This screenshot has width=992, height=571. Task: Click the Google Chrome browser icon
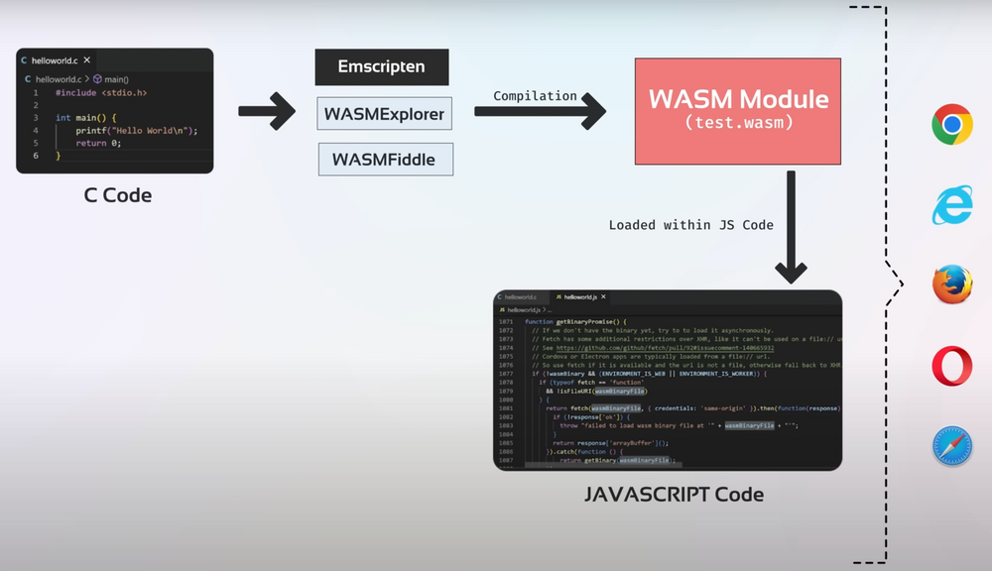click(951, 125)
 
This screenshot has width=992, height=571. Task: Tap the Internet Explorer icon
click(951, 205)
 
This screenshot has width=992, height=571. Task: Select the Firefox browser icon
click(952, 285)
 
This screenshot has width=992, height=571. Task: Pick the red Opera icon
click(952, 366)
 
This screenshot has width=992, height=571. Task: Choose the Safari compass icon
click(952, 446)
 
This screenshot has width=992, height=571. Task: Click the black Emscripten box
click(382, 67)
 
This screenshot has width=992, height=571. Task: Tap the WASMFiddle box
click(386, 160)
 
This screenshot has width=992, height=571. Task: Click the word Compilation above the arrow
click(536, 96)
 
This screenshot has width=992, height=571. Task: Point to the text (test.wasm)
click(738, 122)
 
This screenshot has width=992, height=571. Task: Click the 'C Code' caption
click(118, 195)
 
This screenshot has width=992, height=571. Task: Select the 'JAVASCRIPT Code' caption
click(674, 494)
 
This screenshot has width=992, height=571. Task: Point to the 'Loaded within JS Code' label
click(690, 225)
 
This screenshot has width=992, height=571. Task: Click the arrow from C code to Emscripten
click(267, 111)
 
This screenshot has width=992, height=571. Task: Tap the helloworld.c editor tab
click(56, 60)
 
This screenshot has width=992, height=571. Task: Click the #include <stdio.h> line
click(101, 92)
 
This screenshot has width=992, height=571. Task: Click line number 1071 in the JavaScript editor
click(507, 322)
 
